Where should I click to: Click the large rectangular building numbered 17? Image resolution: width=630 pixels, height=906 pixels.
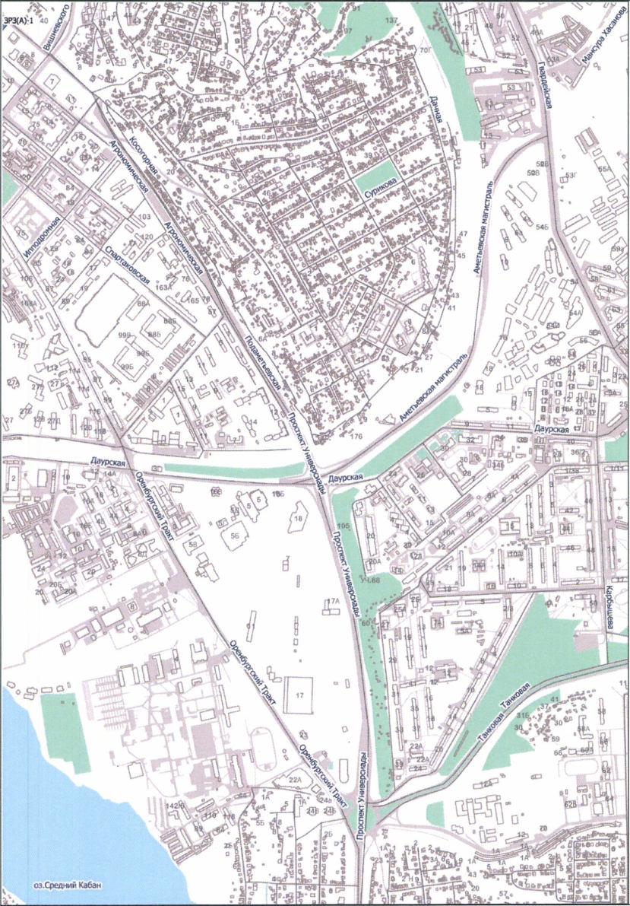coord(299,694)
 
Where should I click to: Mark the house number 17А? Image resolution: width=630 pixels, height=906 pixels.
coord(331,602)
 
